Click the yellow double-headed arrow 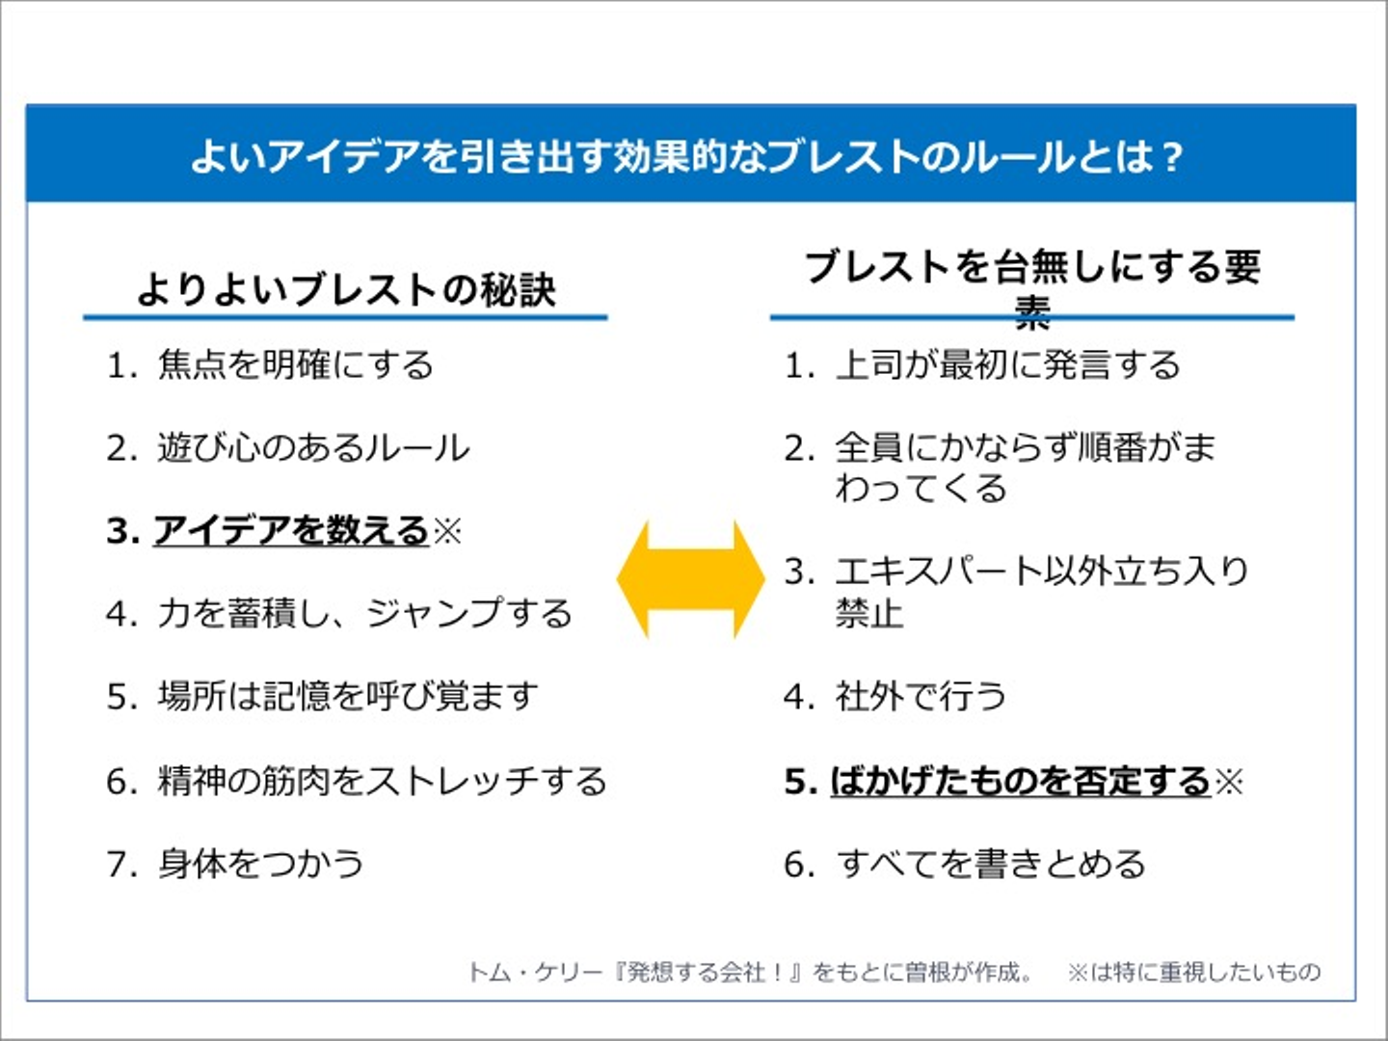click(x=690, y=578)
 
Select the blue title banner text click(x=686, y=155)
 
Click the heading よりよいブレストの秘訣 click(x=346, y=289)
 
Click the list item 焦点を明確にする click(x=295, y=365)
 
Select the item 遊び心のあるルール click(x=313, y=448)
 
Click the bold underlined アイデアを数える click(x=290, y=530)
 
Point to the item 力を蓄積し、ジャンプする click(x=364, y=613)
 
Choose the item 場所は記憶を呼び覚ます click(x=347, y=696)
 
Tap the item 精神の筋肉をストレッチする click(x=382, y=780)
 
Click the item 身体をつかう click(x=260, y=863)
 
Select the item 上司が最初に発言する click(x=1007, y=365)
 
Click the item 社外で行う click(x=921, y=696)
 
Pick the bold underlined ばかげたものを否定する click(x=1020, y=780)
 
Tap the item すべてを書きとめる click(x=991, y=863)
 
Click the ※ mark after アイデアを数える click(x=447, y=530)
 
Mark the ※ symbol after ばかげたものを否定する click(x=1229, y=780)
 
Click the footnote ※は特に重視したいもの click(x=1193, y=972)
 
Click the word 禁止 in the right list click(x=869, y=613)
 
